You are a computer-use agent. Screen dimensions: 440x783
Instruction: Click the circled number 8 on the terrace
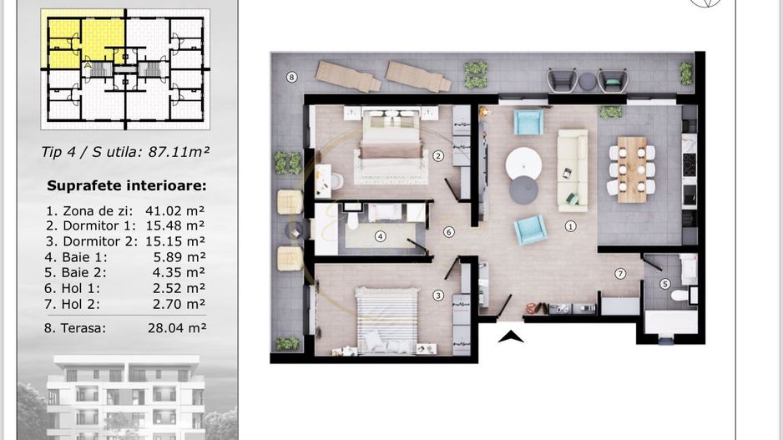(291, 78)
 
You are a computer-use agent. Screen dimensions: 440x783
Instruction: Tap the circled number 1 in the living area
(570, 225)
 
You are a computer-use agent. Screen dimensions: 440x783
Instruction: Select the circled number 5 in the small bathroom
(664, 284)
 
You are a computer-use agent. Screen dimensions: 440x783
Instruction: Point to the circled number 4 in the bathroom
(381, 236)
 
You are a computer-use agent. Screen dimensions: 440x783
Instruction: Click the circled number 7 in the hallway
(620, 274)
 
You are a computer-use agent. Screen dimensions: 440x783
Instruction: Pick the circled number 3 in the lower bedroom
(437, 295)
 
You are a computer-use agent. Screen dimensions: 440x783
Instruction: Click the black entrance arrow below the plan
(510, 336)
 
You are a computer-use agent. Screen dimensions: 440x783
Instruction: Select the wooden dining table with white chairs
(632, 169)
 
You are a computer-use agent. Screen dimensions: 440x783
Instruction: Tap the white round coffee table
(523, 161)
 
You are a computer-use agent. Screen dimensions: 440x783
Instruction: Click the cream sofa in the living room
(573, 169)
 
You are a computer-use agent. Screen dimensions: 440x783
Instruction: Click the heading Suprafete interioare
(126, 186)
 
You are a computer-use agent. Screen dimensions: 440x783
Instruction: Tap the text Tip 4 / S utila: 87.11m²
(125, 152)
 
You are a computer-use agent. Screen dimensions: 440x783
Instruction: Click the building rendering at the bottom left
(125, 396)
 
